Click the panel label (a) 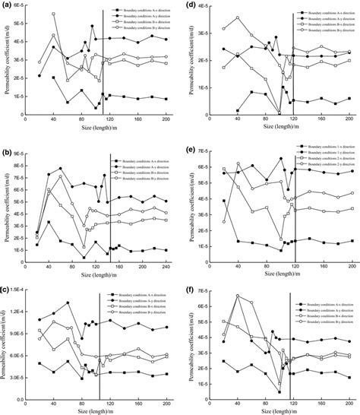[x=7, y=6]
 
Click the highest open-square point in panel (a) [x=54, y=14]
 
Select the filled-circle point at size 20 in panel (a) [x=39, y=76]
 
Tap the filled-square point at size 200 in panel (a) [x=166, y=99]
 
